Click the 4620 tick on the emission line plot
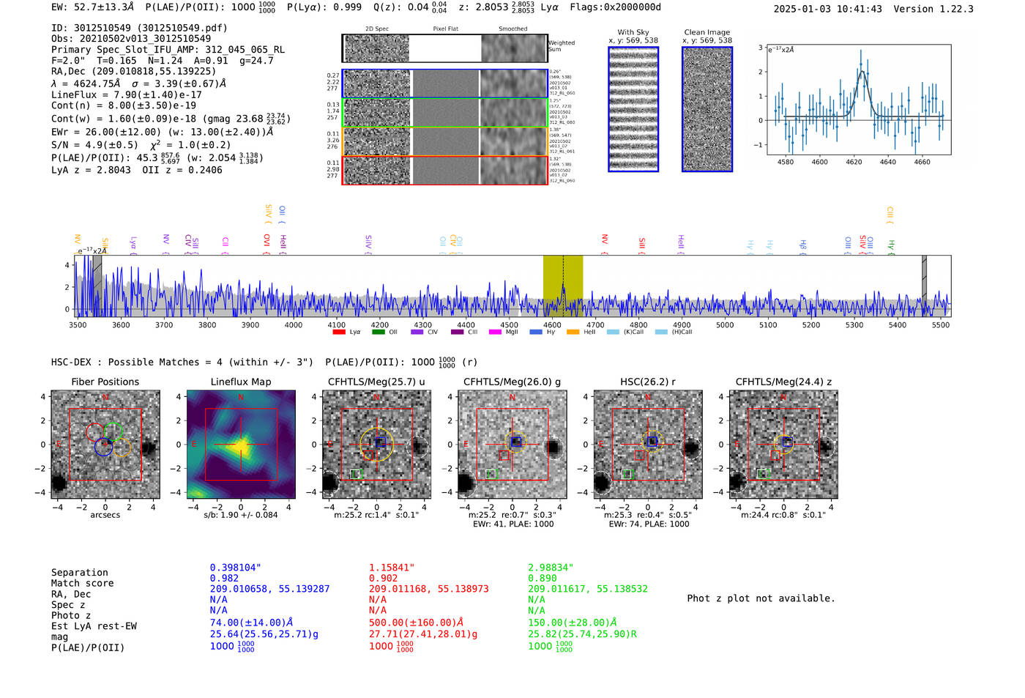pos(854,162)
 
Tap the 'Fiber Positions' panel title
pos(105,382)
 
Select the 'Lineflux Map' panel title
pos(240,382)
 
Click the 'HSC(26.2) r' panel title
pos(647,382)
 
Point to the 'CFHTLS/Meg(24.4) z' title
pos(783,382)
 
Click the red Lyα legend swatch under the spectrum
pos(339,332)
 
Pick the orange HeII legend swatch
pos(573,332)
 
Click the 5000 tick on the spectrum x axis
pos(725,324)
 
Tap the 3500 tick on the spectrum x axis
pos(78,324)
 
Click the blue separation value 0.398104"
pos(235,568)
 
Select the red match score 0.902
pos(384,578)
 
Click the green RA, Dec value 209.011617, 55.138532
pos(588,589)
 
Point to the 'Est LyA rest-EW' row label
pos(94,626)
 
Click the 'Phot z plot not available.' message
pos(761,598)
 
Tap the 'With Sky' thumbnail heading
pos(633,32)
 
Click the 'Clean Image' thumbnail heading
pos(707,32)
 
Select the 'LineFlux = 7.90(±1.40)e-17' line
pos(126,94)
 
